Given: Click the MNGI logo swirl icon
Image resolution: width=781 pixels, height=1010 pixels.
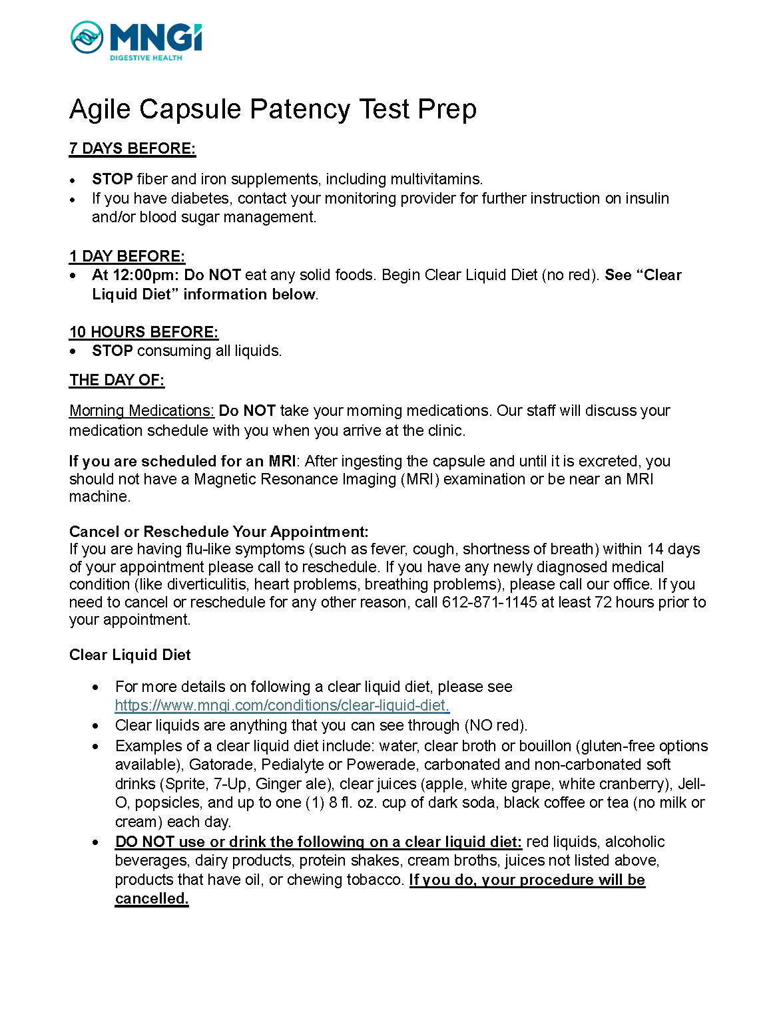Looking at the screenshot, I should (x=87, y=37).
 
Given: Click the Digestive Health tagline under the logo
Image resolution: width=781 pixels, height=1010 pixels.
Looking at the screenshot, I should (x=146, y=59).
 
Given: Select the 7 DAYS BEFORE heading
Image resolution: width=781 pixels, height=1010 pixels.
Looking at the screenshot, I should (x=132, y=148).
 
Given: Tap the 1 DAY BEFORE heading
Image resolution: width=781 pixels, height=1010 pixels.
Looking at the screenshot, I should (x=127, y=256).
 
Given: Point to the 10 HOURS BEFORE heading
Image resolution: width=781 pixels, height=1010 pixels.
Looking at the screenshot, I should (x=144, y=332).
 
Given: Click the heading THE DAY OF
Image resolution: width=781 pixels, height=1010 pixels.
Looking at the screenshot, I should (x=117, y=380).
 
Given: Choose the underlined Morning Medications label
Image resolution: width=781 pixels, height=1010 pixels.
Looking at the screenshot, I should (x=141, y=411).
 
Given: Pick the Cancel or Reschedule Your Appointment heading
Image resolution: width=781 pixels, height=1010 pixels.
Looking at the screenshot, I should (x=218, y=532).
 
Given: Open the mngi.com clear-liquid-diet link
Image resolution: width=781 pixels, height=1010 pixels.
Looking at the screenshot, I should (x=282, y=705).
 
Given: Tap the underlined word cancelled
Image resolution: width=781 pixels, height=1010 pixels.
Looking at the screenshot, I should (x=152, y=899).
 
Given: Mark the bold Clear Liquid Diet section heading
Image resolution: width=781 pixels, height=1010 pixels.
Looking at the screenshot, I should (x=130, y=655).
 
